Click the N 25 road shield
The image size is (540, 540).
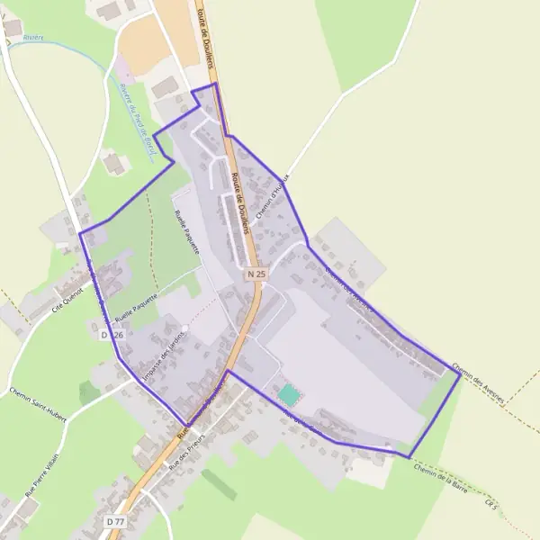pos(256,272)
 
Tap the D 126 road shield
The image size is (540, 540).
pos(112,334)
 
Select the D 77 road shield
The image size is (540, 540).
pos(114,521)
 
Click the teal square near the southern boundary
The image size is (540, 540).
pos(288,394)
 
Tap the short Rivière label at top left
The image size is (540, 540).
pos(33,38)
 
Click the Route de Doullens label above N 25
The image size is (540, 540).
pos(241,203)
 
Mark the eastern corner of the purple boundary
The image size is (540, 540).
pos(460,375)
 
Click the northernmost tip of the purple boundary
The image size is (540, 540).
pos(215,84)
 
